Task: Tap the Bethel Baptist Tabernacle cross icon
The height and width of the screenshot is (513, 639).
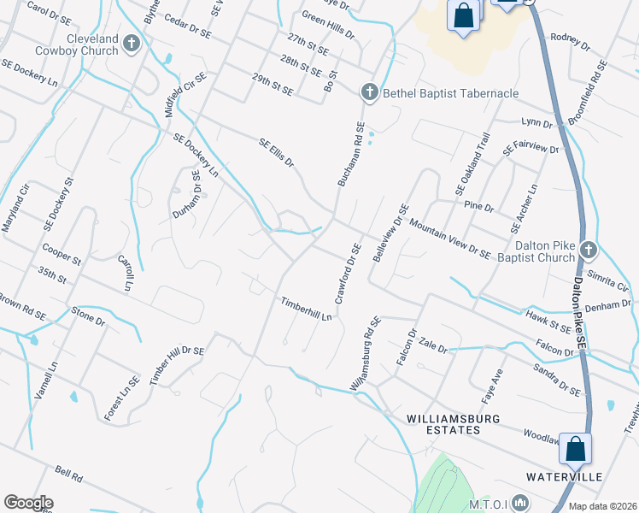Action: (369, 92)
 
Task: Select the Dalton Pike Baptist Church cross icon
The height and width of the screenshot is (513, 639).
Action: (587, 249)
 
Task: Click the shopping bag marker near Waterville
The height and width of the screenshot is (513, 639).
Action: (576, 448)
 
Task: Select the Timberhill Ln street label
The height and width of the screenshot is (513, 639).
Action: (306, 310)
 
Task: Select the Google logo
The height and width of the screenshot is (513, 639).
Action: (28, 503)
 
